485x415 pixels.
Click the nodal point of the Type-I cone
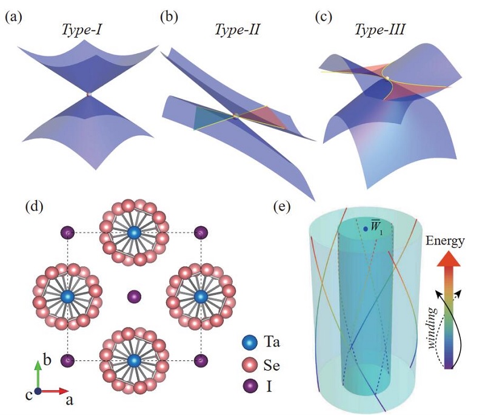pos(89,94)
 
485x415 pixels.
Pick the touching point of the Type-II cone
pos(235,115)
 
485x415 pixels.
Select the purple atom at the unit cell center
pos(133,297)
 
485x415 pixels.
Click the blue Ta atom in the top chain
pos(133,232)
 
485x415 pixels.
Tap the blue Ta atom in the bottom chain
pos(133,361)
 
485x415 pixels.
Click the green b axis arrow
pos(38,373)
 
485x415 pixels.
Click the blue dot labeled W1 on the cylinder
pos(366,229)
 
